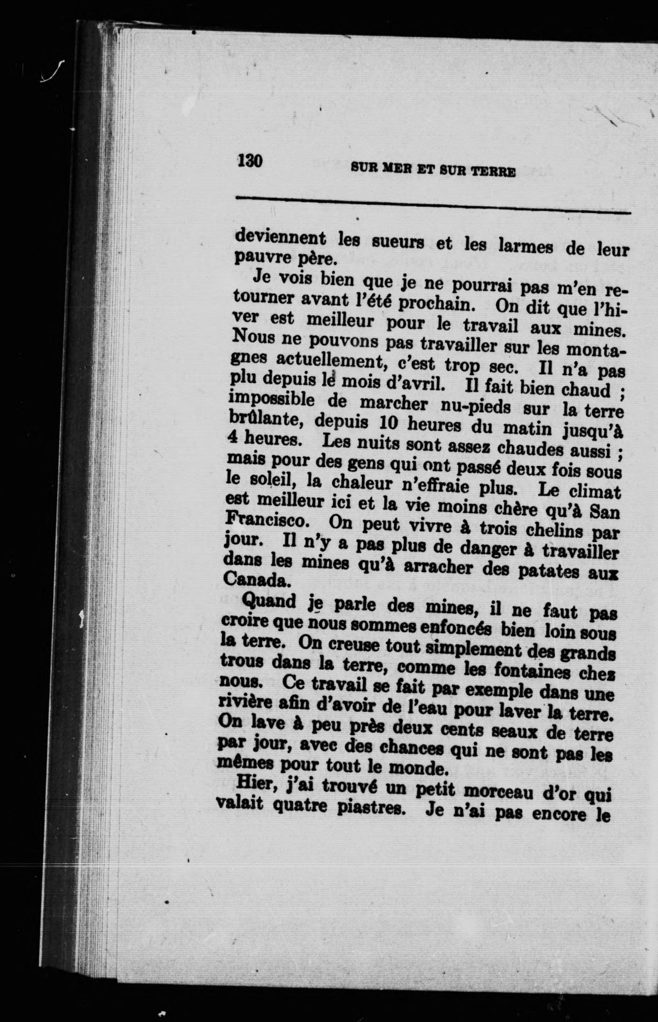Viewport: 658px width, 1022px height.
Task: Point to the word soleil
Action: click(263, 480)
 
